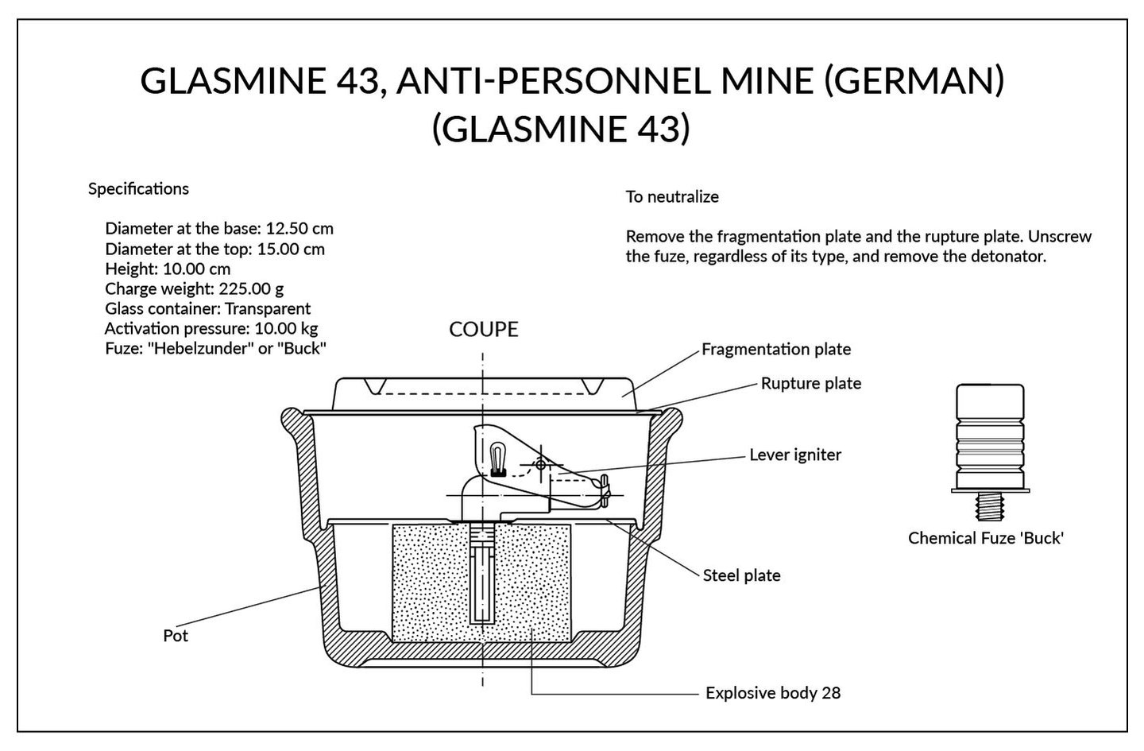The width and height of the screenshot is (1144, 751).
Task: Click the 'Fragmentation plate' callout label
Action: click(x=775, y=349)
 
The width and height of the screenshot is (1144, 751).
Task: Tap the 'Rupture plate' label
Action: click(x=810, y=383)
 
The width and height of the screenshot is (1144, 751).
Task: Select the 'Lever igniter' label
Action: click(x=794, y=455)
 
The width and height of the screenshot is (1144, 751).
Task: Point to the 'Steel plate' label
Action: click(x=741, y=575)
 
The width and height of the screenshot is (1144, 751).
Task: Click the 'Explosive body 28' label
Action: click(x=772, y=693)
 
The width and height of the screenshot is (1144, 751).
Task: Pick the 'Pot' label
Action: click(x=176, y=636)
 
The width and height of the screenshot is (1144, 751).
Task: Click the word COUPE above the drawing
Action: click(x=483, y=329)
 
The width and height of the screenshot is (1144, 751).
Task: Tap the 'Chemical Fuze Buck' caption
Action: click(x=985, y=538)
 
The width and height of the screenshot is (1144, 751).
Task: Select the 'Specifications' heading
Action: click(x=138, y=189)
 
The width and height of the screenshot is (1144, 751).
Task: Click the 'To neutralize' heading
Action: click(x=672, y=197)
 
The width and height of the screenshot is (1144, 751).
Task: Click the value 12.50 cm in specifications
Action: click(x=300, y=229)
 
